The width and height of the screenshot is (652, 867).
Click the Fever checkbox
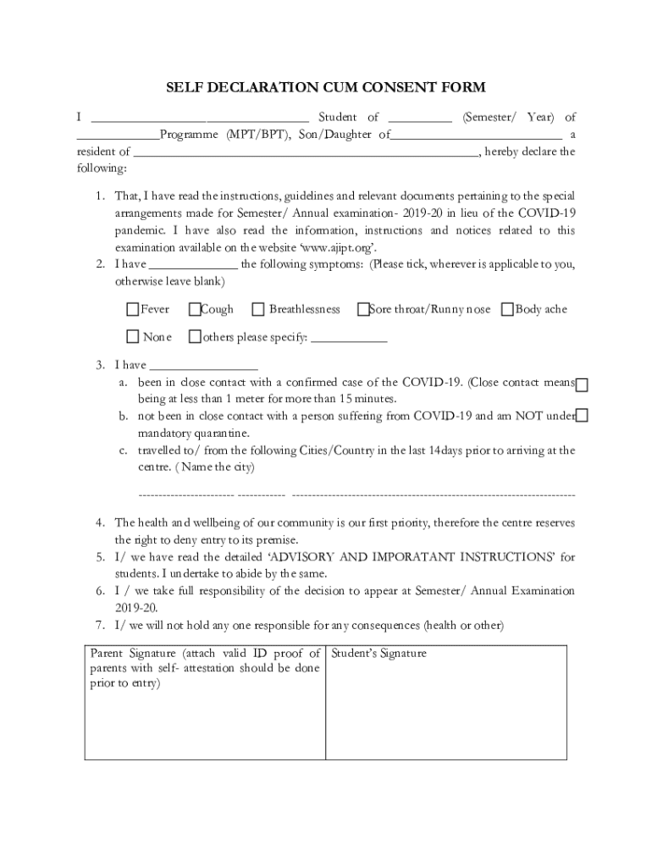[133, 310]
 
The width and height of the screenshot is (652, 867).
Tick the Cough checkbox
[195, 310]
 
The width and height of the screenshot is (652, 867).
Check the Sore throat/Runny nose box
[363, 310]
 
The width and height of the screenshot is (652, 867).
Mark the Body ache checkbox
[508, 310]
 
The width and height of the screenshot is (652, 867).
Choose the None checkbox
[133, 337]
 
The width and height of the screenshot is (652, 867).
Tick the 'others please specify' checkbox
[195, 337]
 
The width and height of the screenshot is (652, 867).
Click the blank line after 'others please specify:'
[350, 340]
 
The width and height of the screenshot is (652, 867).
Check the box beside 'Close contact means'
[582, 385]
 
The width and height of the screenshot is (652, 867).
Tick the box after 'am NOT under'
[582, 416]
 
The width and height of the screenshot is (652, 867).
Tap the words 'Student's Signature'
[378, 654]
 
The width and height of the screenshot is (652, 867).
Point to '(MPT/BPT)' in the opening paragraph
[256, 135]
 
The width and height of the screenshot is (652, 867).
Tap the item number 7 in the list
[99, 626]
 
